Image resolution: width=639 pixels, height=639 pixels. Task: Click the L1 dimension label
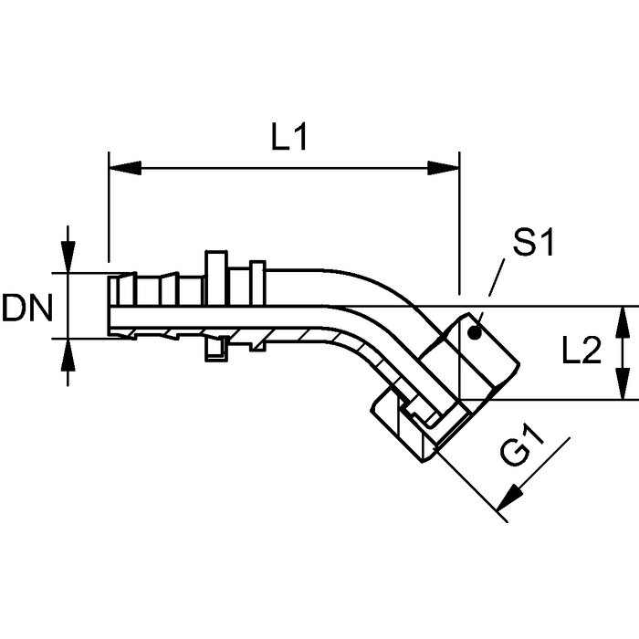pos(289,137)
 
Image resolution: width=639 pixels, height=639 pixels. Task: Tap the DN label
pos(27,308)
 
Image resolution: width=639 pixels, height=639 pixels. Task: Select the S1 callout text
pos(533,243)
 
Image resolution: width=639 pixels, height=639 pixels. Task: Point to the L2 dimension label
pos(581,351)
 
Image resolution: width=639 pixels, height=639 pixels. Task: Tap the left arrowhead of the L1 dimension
pos(125,168)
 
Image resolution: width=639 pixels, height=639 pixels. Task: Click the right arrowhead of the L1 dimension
pos(444,168)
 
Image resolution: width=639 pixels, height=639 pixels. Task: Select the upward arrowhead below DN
pos(68,354)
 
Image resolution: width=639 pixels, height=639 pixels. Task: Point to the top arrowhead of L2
pos(623,322)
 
